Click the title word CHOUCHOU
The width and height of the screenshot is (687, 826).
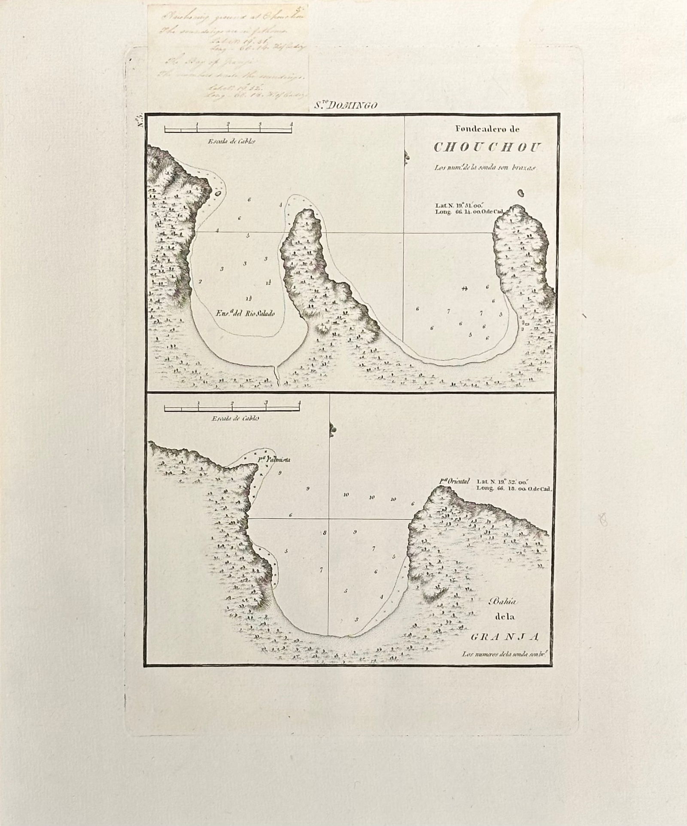488,147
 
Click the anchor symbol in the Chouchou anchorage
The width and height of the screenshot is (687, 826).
464,289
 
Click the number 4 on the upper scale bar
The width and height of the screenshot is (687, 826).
292,124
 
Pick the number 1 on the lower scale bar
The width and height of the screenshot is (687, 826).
199,402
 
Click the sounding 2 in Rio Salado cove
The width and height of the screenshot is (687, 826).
200,282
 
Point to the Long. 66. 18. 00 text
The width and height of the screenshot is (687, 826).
514,488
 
